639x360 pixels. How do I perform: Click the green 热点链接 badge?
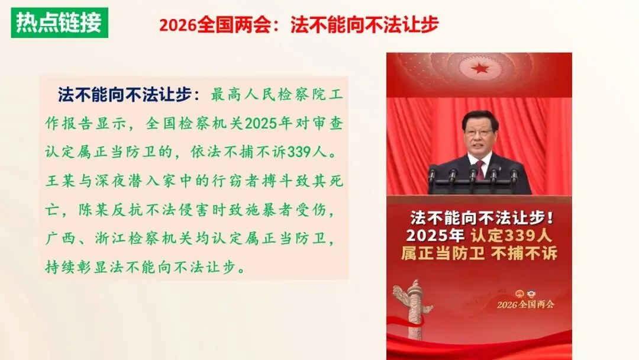[59, 22]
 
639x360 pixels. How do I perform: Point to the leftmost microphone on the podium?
[432, 175]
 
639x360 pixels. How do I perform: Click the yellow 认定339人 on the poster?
[511, 234]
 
